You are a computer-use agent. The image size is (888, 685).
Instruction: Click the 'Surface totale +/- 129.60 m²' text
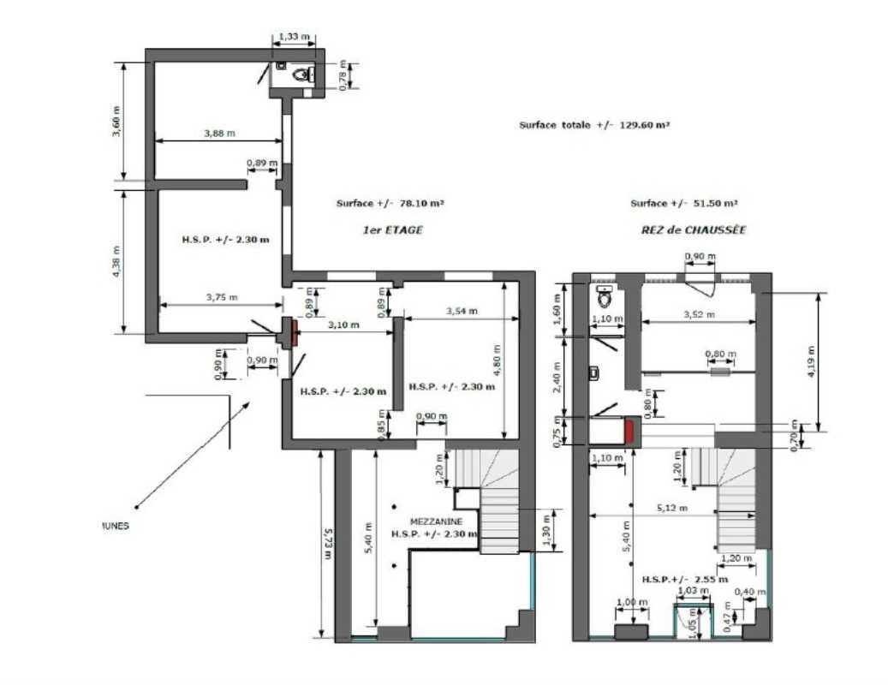coord(593,125)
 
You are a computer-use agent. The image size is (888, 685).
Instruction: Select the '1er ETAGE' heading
coord(391,230)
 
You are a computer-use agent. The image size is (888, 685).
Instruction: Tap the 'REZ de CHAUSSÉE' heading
coord(694,230)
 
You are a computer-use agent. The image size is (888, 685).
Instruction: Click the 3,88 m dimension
coord(220,133)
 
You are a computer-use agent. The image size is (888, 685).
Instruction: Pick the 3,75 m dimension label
coord(221,297)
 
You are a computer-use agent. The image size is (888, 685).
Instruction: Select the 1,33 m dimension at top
coord(294,36)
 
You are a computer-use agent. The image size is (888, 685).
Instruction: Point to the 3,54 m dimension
coord(462,311)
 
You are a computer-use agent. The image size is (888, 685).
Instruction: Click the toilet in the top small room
coord(301,74)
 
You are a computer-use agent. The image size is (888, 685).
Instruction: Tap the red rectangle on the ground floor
coord(632,431)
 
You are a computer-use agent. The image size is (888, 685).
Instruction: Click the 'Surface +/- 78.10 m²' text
coord(390,204)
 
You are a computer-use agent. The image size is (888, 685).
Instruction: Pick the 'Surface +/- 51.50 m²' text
coord(684,204)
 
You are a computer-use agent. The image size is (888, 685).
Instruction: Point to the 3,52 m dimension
coord(700,314)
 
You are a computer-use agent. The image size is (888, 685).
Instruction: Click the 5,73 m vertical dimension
coord(327,543)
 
